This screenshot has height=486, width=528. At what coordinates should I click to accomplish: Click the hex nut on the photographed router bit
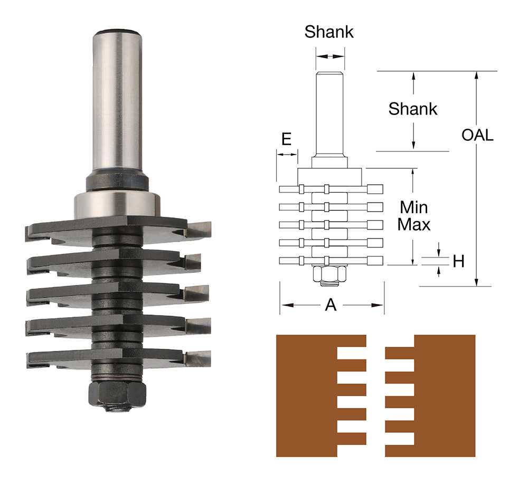(x=117, y=394)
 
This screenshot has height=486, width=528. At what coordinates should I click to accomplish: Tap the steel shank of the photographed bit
(x=117, y=100)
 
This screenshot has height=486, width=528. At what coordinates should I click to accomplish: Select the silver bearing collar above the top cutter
(x=117, y=205)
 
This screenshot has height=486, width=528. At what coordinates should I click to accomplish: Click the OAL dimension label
(x=477, y=135)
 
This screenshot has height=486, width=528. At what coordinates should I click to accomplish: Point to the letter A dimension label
(x=331, y=305)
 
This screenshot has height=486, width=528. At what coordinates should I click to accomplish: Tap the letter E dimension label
(x=286, y=139)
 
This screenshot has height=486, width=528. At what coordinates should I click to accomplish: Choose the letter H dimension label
(x=459, y=261)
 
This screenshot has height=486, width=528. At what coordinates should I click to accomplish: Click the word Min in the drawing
(x=414, y=207)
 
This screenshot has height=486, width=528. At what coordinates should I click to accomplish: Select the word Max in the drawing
(x=414, y=224)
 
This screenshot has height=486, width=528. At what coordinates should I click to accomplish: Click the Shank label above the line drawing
(x=329, y=32)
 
